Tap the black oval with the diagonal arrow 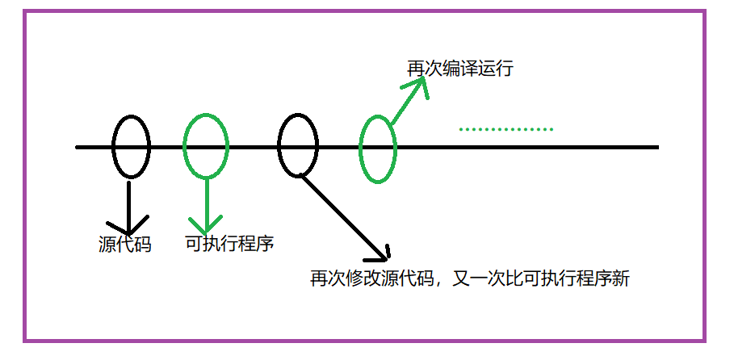point(297,144)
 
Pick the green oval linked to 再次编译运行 point(378,148)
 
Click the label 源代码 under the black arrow point(124,245)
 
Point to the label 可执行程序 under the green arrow point(229,244)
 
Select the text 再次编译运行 point(460,69)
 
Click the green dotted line point(505,129)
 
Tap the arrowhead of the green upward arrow point(417,87)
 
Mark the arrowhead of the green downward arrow point(207,224)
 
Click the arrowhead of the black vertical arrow point(129,224)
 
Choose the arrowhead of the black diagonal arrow point(380,254)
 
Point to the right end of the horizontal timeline point(656,147)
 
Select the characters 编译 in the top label point(460,69)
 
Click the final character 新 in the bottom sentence point(621,279)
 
